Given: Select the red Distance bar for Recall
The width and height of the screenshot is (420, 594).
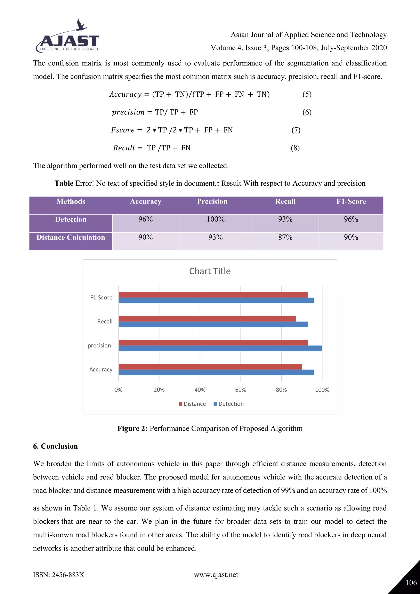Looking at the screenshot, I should coord(207,319).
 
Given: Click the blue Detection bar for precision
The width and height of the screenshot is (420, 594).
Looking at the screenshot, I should coord(220,348).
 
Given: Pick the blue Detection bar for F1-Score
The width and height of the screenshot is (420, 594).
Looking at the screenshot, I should coord(216,300).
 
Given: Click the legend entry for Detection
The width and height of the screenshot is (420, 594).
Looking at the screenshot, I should coord(229,404).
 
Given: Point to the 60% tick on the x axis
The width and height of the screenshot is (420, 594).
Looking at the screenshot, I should coord(241,390).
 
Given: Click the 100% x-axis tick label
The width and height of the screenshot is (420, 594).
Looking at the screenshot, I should coord(322,390).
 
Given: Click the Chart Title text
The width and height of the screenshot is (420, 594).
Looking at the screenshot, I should coord(210,271).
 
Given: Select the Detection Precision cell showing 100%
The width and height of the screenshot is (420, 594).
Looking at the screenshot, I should coord(215,219).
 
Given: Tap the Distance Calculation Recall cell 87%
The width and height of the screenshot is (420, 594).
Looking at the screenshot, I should coord(285,237).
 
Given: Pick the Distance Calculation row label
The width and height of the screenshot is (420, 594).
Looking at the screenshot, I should coord(71,237).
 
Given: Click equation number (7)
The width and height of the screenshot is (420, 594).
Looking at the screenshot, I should coord(296,130).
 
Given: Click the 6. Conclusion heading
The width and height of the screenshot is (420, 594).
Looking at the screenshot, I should coord(55,446).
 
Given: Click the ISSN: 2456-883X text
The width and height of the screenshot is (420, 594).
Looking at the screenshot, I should coord(58,575).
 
